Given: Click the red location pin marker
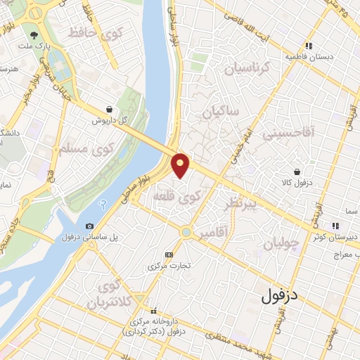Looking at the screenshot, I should (x=181, y=165).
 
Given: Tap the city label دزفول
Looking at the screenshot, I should (x=290, y=297).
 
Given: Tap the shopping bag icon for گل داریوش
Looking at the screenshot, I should (x=110, y=109).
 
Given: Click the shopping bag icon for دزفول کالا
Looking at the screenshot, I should (x=297, y=172).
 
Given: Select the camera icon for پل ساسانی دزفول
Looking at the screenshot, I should (x=89, y=226).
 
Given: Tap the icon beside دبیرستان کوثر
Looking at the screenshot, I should (x=335, y=226).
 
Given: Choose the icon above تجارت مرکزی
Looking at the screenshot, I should (x=168, y=255).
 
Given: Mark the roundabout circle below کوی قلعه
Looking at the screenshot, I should (x=186, y=231).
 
